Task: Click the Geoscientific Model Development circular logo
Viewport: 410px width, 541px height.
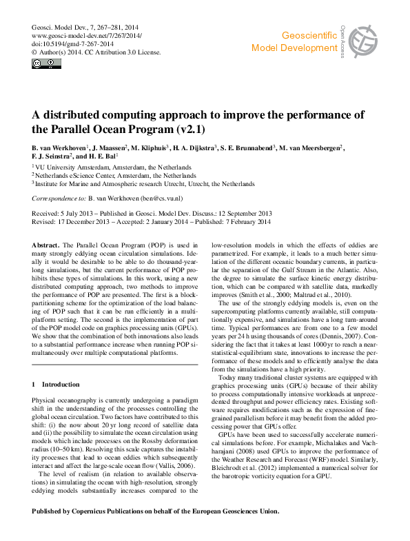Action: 363,42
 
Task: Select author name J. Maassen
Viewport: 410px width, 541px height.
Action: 107,148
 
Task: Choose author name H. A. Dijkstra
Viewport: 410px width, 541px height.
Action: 194,148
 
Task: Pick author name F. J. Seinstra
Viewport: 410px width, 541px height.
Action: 56,158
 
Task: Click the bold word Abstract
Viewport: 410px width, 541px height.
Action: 45,245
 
